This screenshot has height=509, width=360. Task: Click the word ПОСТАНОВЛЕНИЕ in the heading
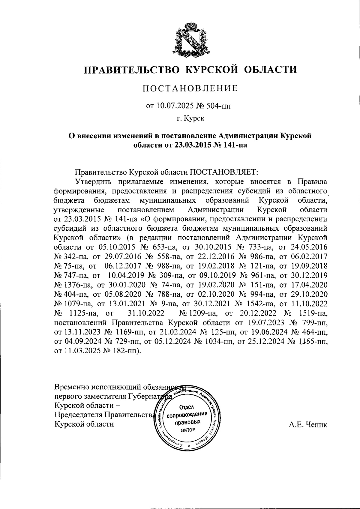[x=190, y=88]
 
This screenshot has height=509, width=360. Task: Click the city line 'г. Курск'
[x=190, y=118]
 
